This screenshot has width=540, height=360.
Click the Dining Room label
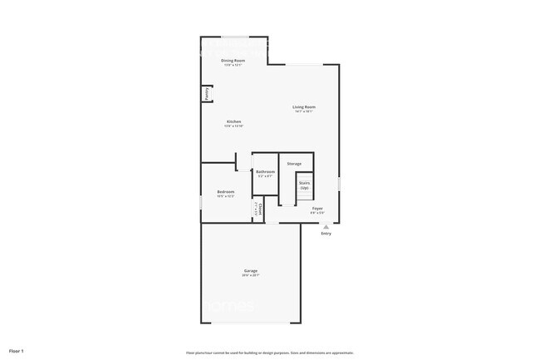233,61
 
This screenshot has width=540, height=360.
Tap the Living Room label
303,106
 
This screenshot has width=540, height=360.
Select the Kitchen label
233,121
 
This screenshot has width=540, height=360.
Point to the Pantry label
206,94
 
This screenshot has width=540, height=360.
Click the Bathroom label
265,171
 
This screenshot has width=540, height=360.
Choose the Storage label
294,164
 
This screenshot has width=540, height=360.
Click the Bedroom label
226,192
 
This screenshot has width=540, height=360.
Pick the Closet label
261,208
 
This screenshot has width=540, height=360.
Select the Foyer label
317,208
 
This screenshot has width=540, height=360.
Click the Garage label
250,270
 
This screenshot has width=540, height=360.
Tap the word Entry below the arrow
326,234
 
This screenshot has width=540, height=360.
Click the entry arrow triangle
326,226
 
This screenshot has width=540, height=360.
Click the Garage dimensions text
250,275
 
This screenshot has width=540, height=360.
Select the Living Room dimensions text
303,111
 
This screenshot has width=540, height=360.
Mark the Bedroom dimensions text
226,197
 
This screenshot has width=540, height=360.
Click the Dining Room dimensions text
233,65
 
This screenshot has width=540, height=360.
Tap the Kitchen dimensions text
233,126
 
